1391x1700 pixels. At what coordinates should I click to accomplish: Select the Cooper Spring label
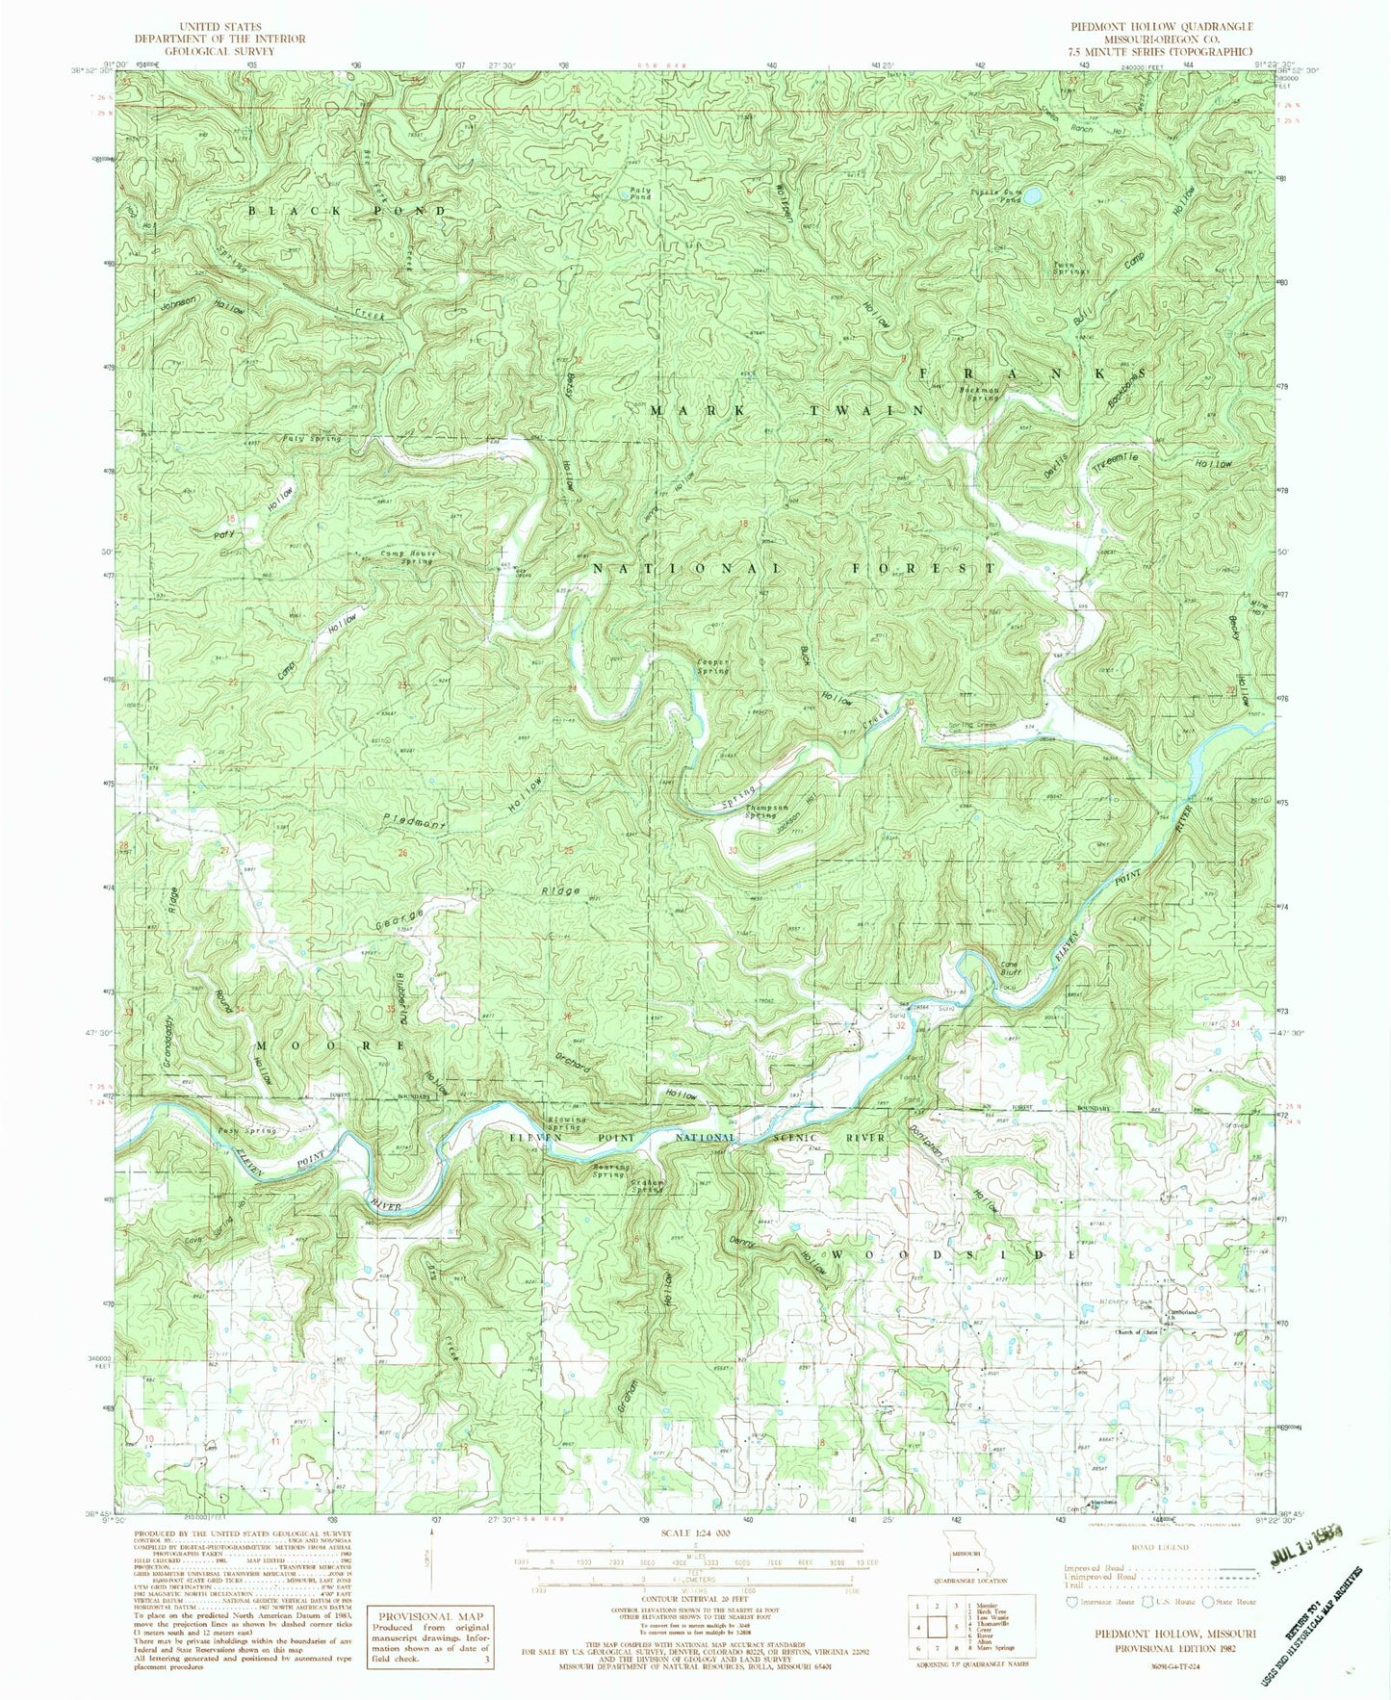point(712,665)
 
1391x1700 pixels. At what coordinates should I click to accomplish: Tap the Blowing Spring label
point(565,1122)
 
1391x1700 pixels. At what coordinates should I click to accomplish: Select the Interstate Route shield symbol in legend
point(1069,1603)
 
